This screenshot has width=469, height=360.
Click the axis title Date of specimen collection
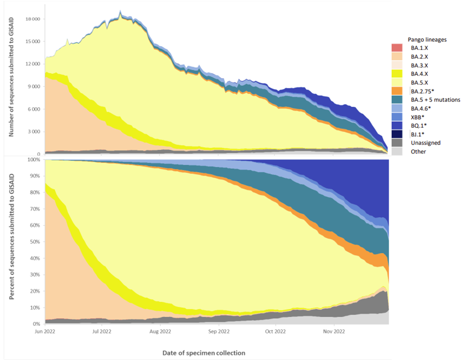[x=203, y=353]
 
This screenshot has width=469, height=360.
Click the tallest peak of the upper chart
[x=121, y=10]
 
